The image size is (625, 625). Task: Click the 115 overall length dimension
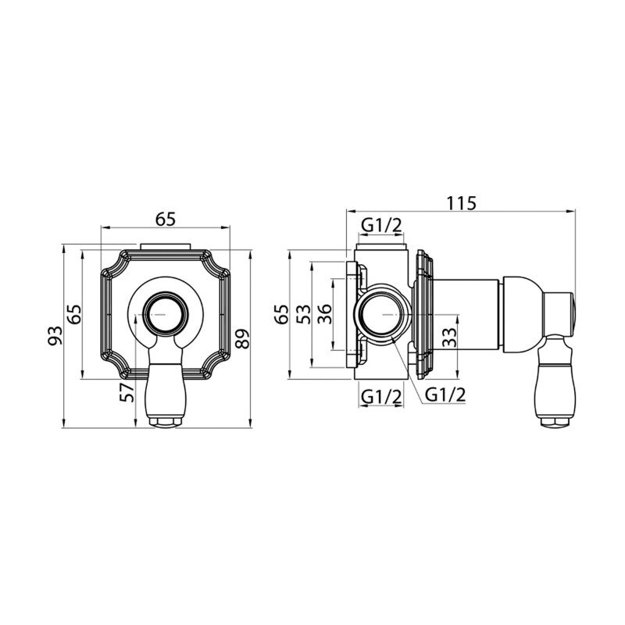click(461, 203)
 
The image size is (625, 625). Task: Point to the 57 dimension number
click(128, 392)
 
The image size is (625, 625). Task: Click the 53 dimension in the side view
click(303, 315)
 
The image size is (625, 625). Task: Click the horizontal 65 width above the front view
click(166, 220)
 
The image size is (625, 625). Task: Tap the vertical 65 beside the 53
click(282, 315)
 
